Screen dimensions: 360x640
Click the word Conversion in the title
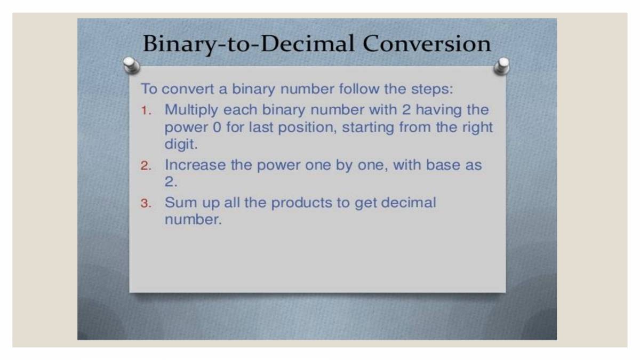point(427,44)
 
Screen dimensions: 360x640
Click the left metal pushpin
point(131,66)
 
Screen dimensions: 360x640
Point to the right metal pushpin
point(501,66)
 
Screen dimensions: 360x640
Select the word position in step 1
point(308,128)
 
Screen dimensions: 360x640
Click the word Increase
point(195,165)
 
